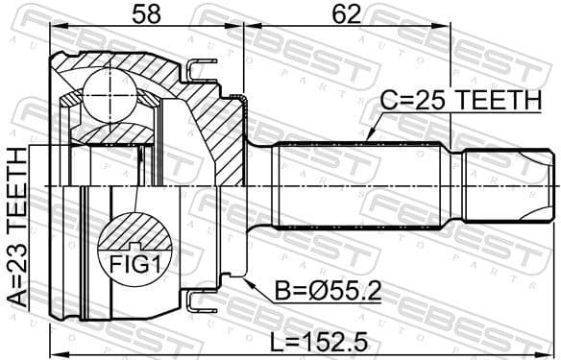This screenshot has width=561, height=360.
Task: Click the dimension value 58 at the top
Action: [145, 16]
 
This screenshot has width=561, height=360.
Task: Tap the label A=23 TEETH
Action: [16, 226]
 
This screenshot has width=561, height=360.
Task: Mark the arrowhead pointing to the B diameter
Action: [247, 282]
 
